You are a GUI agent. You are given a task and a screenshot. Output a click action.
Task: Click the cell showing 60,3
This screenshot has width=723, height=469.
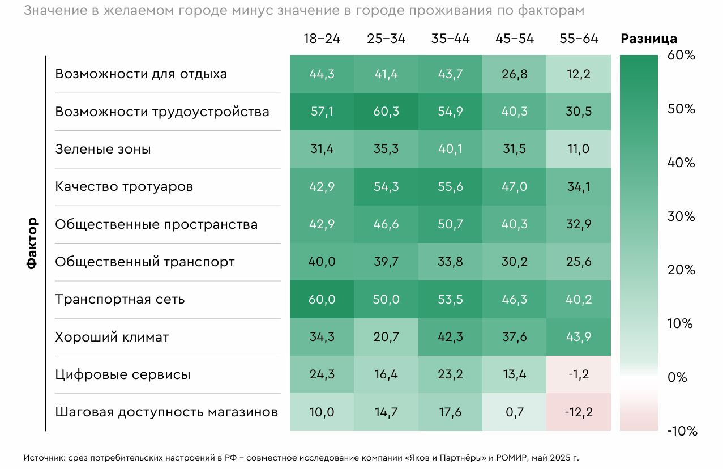(386, 112)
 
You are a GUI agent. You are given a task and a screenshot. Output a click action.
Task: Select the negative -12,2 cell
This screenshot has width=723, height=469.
(579, 412)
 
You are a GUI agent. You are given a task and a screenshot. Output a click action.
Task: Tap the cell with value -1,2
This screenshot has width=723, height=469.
(579, 374)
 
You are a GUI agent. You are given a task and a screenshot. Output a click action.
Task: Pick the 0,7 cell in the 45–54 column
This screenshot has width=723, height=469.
(515, 412)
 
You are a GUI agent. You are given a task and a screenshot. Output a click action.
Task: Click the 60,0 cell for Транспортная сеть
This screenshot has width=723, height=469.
(322, 300)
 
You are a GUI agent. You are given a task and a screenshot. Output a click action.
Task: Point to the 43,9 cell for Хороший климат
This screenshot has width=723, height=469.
(579, 337)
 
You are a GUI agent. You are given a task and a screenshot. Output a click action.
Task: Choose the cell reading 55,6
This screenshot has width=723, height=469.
(450, 187)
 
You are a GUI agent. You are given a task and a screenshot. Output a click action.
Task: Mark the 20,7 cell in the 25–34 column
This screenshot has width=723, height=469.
(386, 337)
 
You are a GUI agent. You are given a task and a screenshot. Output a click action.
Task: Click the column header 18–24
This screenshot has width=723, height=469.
(322, 39)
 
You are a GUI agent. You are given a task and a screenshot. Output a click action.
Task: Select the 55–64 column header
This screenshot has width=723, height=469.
(579, 39)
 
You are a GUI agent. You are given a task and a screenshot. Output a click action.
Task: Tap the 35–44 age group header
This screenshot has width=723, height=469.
(450, 39)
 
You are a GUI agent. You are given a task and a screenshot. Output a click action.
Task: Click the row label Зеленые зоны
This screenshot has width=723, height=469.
(103, 150)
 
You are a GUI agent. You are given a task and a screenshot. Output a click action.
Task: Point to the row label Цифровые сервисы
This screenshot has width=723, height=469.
(123, 374)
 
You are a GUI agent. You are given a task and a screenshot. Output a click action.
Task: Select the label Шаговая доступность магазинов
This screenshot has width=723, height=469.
(166, 412)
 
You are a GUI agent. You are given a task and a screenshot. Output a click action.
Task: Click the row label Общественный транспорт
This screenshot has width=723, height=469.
(144, 262)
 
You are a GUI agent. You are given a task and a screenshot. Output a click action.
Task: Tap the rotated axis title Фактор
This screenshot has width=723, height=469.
(32, 243)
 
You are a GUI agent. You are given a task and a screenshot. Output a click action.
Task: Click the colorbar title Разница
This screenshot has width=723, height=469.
(649, 39)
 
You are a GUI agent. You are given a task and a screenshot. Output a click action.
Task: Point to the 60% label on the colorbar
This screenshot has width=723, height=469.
(682, 56)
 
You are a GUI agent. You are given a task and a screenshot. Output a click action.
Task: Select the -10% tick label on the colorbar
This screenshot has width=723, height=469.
(682, 431)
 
